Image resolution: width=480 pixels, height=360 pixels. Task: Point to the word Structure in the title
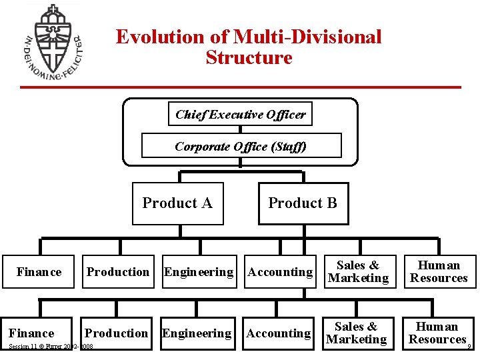tap(249, 57)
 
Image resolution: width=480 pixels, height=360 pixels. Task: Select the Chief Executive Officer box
tap(240, 114)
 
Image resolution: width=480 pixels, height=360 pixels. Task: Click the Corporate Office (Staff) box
tap(241, 146)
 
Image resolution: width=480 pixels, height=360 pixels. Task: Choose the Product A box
tap(177, 203)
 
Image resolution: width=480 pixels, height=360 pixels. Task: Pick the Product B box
tap(303, 203)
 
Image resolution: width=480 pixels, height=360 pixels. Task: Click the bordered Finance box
tap(38, 272)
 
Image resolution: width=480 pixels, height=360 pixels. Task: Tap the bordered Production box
tap(118, 272)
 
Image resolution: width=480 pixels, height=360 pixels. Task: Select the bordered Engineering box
tap(199, 272)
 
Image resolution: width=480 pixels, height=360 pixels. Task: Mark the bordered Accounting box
tap(280, 272)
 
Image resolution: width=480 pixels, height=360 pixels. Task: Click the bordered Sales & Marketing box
tap(358, 272)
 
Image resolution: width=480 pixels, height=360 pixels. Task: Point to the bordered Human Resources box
tap(439, 272)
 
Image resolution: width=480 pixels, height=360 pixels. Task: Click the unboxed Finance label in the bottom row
tap(31, 333)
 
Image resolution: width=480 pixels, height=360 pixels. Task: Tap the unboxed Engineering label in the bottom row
tap(197, 333)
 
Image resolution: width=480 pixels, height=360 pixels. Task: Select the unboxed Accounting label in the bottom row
tap(279, 333)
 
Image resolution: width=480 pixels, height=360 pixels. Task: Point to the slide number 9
tap(470, 347)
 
